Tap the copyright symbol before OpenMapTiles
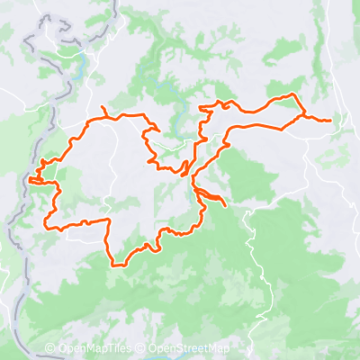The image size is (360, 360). [50, 349]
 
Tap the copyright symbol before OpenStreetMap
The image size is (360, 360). [140, 349]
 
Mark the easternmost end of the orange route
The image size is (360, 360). [330, 120]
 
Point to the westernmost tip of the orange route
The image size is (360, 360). [30, 180]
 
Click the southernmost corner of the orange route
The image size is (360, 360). [114, 265]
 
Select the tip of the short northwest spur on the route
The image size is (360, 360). [103, 109]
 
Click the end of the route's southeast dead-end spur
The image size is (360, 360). [224, 217]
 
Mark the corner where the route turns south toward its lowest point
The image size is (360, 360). [110, 220]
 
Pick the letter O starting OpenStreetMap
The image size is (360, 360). [152, 349]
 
